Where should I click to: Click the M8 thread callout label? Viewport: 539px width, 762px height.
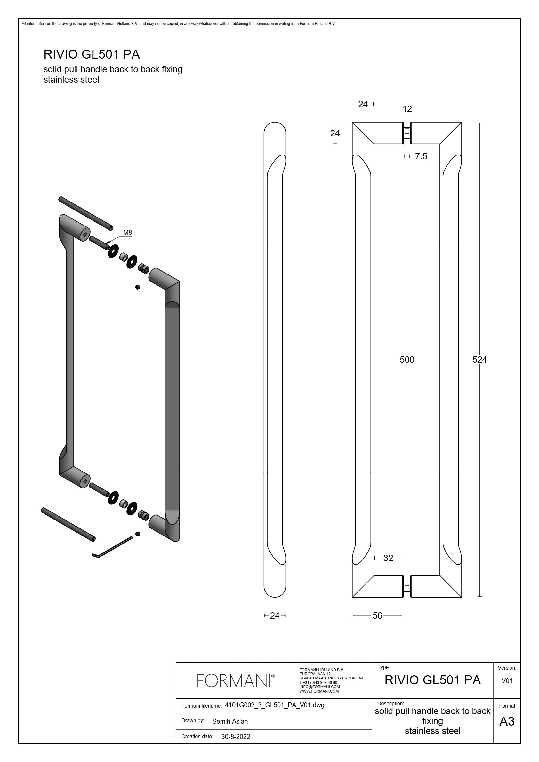[127, 233]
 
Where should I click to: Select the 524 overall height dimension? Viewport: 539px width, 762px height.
[479, 360]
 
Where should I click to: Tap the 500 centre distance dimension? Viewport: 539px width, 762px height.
[407, 360]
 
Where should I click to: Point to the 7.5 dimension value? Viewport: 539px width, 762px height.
[421, 156]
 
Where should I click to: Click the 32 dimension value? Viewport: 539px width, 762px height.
[388, 558]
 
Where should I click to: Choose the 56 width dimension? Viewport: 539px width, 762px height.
[377, 615]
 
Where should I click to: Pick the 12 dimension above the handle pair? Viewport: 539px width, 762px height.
[407, 109]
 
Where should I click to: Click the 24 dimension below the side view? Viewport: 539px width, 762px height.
[275, 615]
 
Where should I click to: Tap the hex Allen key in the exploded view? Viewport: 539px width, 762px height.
[112, 547]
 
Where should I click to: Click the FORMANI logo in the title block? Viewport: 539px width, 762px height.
[236, 680]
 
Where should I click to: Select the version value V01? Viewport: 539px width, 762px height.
[507, 681]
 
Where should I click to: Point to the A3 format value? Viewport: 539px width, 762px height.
[507, 721]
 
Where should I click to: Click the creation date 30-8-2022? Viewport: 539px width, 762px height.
[236, 737]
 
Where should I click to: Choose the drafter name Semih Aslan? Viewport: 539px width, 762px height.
[230, 721]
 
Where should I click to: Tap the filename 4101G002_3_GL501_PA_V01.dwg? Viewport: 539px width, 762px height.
[274, 705]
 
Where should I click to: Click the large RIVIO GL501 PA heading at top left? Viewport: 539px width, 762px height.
[92, 54]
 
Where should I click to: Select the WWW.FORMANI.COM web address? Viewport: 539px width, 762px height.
[319, 691]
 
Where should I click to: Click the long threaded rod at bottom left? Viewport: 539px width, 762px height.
[68, 524]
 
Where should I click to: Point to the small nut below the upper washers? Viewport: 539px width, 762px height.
[138, 287]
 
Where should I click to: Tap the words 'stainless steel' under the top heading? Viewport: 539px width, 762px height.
[71, 80]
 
